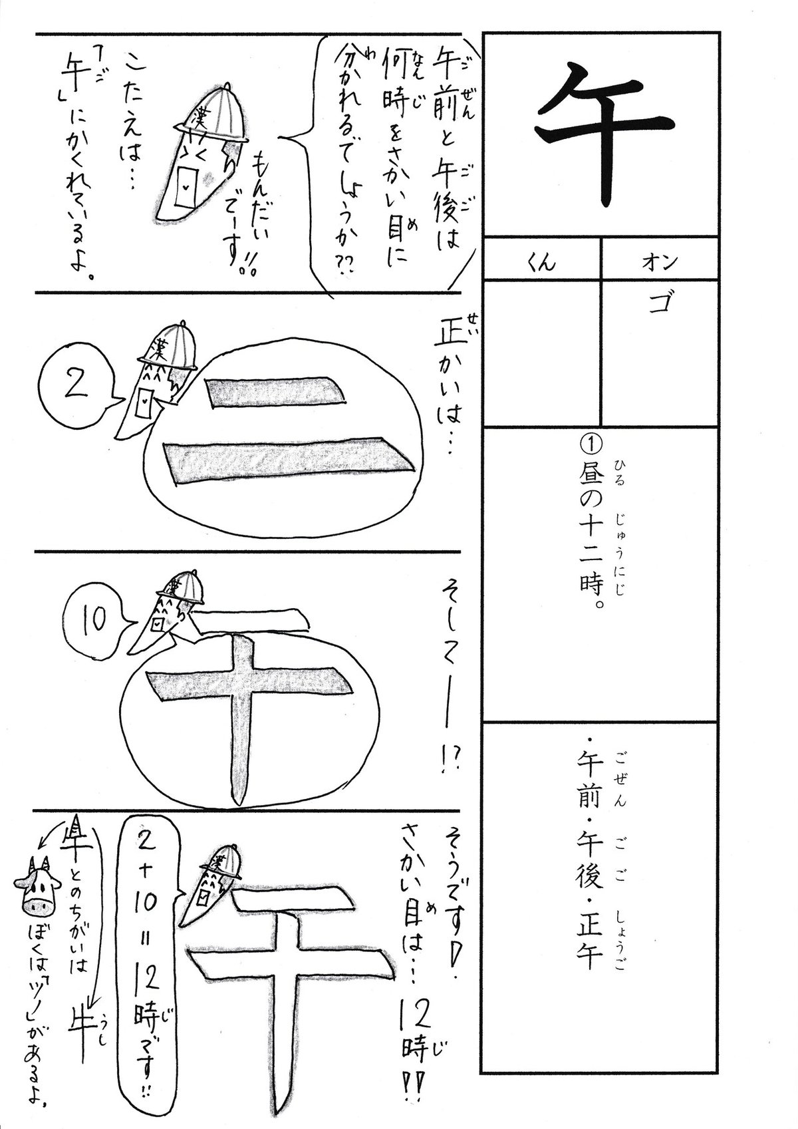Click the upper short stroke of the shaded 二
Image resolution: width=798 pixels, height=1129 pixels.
(x=275, y=391)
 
